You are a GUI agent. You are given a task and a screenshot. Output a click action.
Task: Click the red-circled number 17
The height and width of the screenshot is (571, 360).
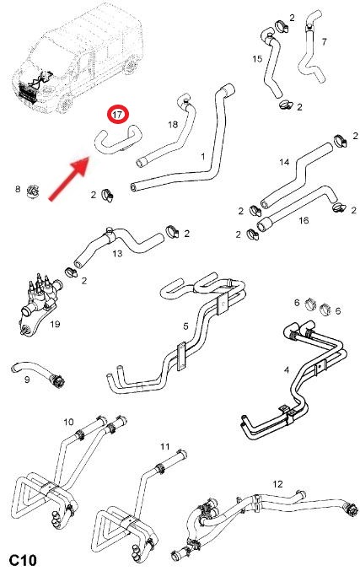pyautogui.click(x=118, y=115)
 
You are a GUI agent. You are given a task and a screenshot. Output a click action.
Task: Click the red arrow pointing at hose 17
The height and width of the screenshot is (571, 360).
pyautogui.click(x=69, y=179)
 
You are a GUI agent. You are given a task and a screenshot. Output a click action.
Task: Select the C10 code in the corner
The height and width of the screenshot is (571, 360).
pyautogui.click(x=23, y=560)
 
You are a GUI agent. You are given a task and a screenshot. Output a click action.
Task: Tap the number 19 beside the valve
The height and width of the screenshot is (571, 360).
pyautogui.click(x=55, y=324)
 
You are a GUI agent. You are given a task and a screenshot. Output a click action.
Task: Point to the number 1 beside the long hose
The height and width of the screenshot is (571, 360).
pyautogui.click(x=202, y=157)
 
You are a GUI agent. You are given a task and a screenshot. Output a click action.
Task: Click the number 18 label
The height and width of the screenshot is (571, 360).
pyautogui.click(x=173, y=125)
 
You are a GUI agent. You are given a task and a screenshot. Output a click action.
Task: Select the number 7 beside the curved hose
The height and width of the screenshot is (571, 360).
pyautogui.click(x=324, y=42)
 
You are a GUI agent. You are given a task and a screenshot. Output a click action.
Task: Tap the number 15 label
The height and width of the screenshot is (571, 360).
pyautogui.click(x=257, y=59)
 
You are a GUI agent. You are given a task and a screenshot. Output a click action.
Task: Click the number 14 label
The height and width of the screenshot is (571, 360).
pyautogui.click(x=284, y=162)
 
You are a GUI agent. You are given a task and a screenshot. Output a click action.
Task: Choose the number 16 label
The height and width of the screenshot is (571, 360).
pyautogui.click(x=304, y=220)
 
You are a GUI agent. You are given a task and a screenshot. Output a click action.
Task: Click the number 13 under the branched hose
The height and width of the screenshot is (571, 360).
pyautogui.click(x=117, y=253)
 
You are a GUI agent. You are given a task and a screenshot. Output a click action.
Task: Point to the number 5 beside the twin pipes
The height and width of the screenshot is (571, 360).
pyautogui.click(x=185, y=326)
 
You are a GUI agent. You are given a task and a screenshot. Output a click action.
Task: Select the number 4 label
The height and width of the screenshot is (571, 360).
pyautogui.click(x=287, y=370)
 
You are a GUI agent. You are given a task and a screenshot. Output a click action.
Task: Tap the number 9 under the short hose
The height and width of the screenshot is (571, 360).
pyautogui.click(x=27, y=380)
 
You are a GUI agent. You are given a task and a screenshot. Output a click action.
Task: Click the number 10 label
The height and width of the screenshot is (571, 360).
pyautogui.click(x=68, y=422)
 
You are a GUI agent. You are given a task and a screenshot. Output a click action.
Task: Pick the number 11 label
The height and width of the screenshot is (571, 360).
pyautogui.click(x=165, y=446)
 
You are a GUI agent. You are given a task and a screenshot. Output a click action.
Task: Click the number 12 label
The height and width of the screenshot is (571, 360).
pyautogui.click(x=277, y=484)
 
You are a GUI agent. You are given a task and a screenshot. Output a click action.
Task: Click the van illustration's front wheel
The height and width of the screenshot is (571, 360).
pyautogui.click(x=66, y=105)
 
